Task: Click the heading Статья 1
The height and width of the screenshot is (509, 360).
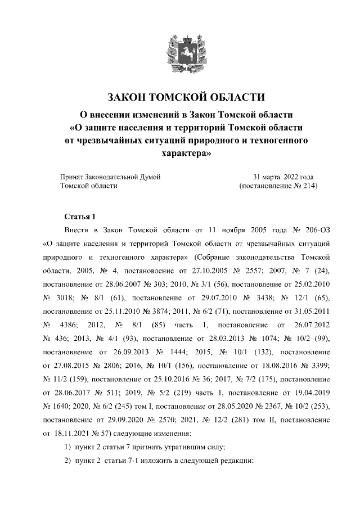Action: [x=81, y=217]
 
